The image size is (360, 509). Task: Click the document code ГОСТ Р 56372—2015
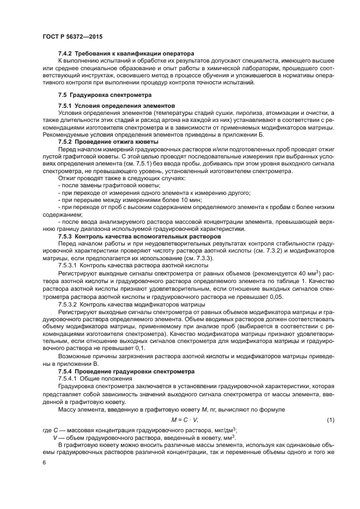72,36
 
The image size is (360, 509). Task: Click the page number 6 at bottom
43,462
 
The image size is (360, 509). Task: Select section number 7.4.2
65,54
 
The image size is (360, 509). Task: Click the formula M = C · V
185,420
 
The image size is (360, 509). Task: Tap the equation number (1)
330,420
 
